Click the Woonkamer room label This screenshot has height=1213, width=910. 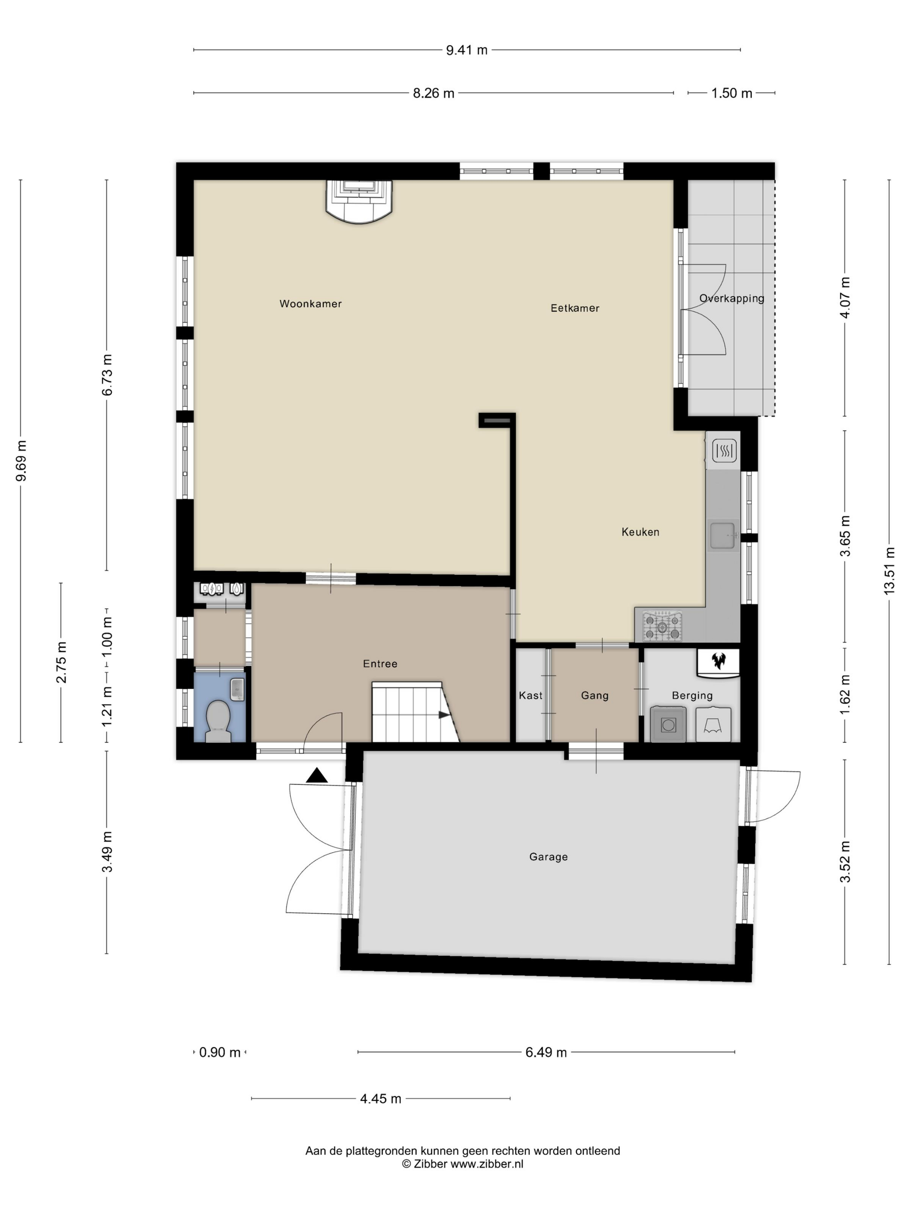coord(310,304)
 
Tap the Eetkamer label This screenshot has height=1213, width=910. coord(575,308)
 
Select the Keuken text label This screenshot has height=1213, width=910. coord(640,532)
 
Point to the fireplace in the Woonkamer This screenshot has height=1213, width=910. coord(359,202)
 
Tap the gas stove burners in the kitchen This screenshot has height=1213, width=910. coord(663,626)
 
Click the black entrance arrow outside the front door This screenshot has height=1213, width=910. coord(316,775)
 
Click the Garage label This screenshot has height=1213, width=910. coord(549,856)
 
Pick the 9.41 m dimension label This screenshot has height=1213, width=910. coord(466,50)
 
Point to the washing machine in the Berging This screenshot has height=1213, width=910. coord(668,725)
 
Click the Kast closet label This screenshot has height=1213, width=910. coord(530,695)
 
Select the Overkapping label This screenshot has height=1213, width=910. coord(731,299)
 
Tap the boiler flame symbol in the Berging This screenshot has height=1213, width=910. coord(718,660)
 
